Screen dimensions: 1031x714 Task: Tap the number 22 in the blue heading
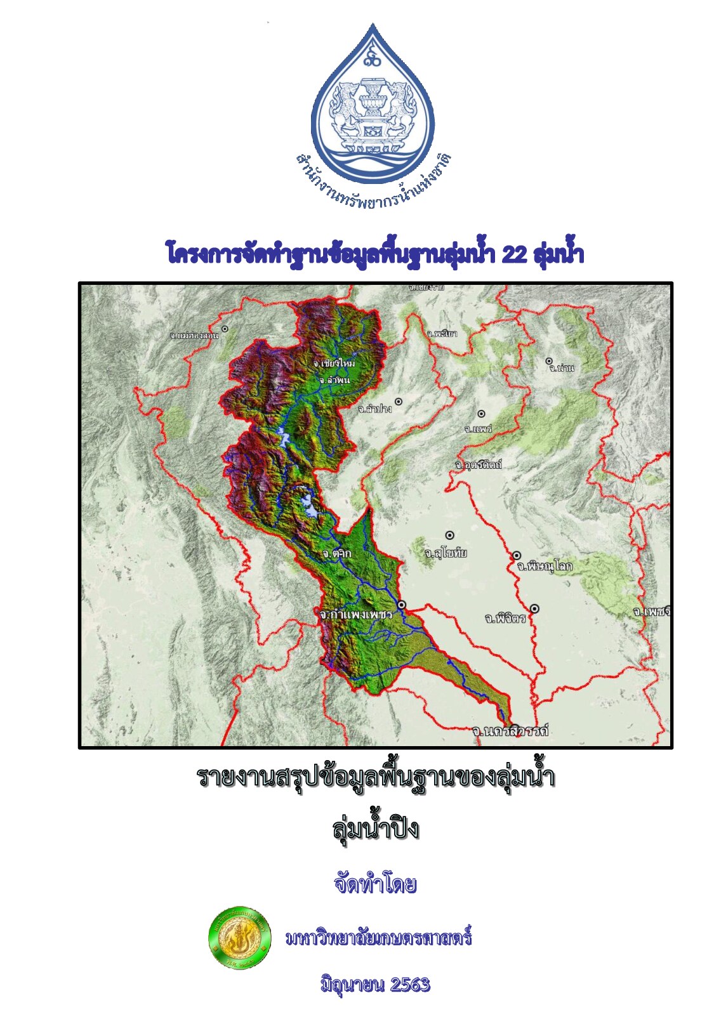(x=514, y=254)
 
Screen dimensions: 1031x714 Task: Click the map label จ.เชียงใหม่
(x=334, y=364)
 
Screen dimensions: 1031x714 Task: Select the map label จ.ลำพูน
(x=334, y=379)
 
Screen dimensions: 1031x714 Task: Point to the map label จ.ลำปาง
(x=374, y=409)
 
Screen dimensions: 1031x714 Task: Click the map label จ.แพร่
(x=478, y=429)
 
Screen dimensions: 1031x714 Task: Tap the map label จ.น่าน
(x=562, y=368)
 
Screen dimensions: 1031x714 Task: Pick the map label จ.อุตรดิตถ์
(x=478, y=465)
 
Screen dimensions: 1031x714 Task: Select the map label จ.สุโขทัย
(x=446, y=553)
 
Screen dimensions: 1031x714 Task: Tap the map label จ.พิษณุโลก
(x=544, y=566)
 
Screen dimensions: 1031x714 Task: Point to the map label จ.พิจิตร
(x=505, y=618)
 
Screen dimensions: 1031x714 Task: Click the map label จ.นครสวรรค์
(x=510, y=731)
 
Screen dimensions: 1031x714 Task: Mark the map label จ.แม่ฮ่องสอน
(x=194, y=334)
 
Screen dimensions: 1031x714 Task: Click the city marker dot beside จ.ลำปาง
(x=399, y=402)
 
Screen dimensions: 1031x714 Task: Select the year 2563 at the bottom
(x=410, y=985)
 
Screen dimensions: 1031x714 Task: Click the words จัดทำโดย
(x=375, y=884)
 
